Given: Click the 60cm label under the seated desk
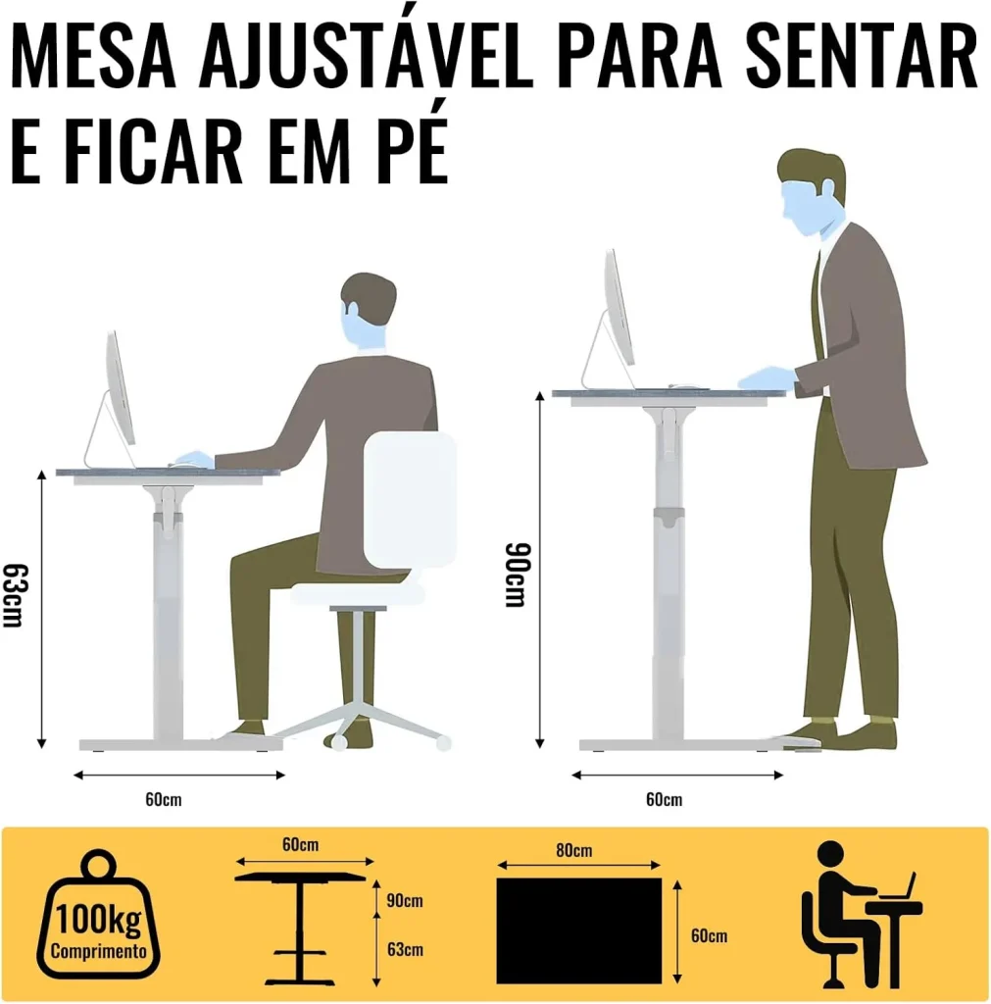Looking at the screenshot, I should [164, 799].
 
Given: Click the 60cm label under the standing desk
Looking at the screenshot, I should [664, 799].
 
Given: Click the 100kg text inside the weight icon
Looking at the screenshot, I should [97, 922].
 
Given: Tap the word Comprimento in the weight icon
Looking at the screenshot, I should [98, 950].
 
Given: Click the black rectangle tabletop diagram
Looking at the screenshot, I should [578, 929].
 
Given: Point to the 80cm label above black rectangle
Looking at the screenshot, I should [573, 850].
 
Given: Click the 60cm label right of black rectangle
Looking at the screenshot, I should [709, 935].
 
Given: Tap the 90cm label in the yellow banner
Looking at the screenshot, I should [405, 900].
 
